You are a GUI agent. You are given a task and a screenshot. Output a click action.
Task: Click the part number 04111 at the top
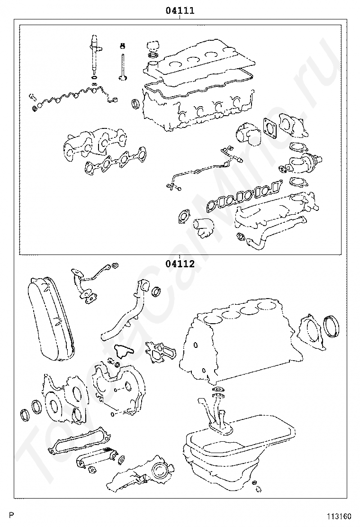tap(180, 10)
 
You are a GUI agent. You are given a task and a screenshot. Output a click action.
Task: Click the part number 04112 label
tap(180, 264)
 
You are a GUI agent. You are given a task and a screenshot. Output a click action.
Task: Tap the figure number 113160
tap(340, 516)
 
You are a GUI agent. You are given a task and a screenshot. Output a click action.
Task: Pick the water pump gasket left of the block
tap(161, 352)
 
